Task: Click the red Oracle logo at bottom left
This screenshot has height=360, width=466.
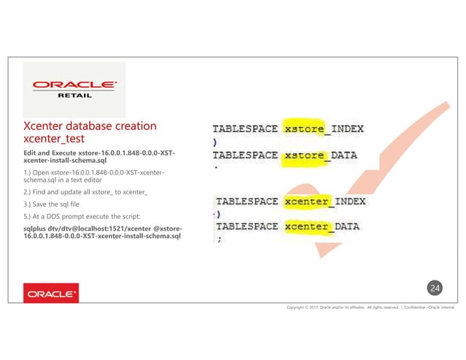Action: point(51,294)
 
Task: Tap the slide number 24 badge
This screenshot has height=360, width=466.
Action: point(435,289)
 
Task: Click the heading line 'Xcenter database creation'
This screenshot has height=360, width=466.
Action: point(90,126)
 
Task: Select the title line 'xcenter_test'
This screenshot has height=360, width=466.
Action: point(56,139)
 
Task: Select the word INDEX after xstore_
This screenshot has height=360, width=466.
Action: point(347,129)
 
